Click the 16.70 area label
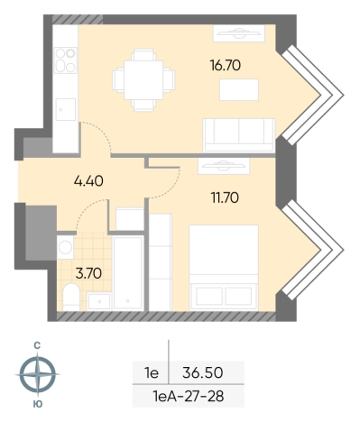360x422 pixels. (x=226, y=65)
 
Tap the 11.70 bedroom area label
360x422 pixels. (x=225, y=197)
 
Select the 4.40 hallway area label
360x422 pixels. (x=88, y=181)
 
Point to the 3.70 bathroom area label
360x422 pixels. (x=88, y=273)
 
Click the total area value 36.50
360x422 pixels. (x=203, y=372)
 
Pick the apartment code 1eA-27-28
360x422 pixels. (x=189, y=397)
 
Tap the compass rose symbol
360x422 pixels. (x=38, y=374)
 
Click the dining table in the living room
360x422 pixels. (x=143, y=80)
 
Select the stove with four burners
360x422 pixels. (x=66, y=60)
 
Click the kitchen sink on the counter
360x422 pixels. (x=66, y=109)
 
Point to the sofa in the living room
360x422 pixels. (x=239, y=135)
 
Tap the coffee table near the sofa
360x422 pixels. (x=239, y=89)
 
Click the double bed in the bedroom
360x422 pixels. (x=224, y=268)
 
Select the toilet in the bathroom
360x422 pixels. (x=71, y=297)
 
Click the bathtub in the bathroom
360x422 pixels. (x=128, y=273)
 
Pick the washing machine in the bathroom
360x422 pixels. (x=65, y=247)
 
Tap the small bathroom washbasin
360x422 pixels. (x=99, y=301)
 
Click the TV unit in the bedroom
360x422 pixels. (x=224, y=166)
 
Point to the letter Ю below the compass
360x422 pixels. (x=37, y=404)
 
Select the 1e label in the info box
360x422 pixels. (x=152, y=373)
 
